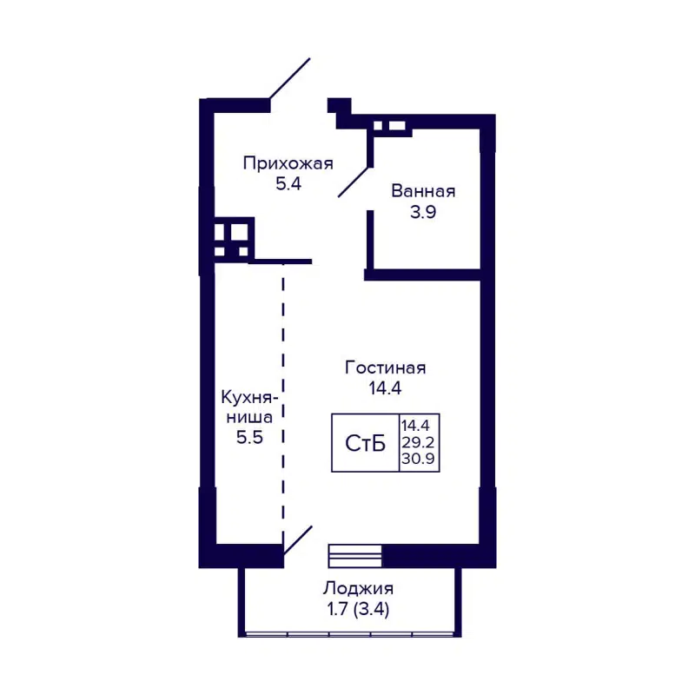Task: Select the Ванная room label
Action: pos(423,191)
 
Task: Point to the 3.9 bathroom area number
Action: pos(423,213)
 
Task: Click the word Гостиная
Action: pos(385,367)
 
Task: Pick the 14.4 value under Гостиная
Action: pos(385,390)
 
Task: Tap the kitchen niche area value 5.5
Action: pos(249,437)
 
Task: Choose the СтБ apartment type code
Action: pos(366,444)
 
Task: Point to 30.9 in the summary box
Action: pos(420,458)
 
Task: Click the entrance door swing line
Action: pos(289,80)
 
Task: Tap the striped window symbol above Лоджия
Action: pos(354,554)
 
